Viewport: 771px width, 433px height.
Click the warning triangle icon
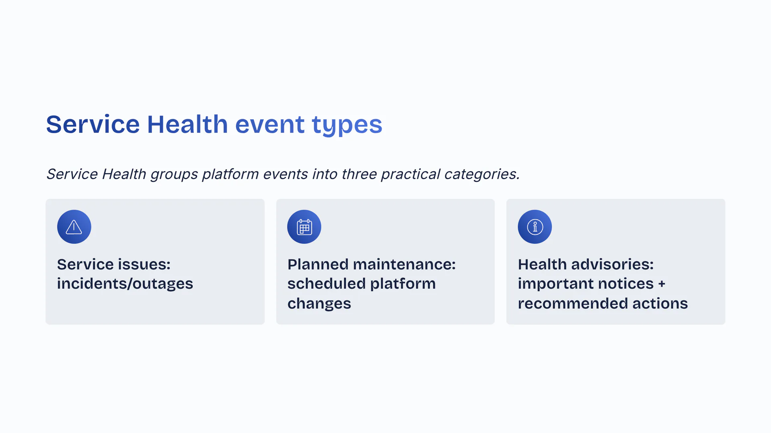pyautogui.click(x=74, y=227)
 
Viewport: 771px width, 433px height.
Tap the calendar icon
pyautogui.click(x=304, y=227)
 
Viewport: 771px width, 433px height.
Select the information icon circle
pyautogui.click(x=535, y=227)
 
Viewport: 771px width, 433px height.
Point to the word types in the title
pyautogui.click(x=347, y=125)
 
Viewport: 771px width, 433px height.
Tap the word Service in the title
pyautogui.click(x=93, y=124)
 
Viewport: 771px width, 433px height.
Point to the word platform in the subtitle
pyautogui.click(x=230, y=175)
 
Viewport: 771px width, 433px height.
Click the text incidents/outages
pyautogui.click(x=125, y=283)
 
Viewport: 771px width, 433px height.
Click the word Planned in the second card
pyautogui.click(x=318, y=264)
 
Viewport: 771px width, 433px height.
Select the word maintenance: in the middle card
pyautogui.click(x=404, y=264)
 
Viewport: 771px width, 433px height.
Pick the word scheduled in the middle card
pyautogui.click(x=326, y=283)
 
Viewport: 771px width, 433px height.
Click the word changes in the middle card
pyautogui.click(x=319, y=304)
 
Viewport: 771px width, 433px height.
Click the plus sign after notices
pyautogui.click(x=662, y=284)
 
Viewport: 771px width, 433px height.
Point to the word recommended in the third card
pyautogui.click(x=573, y=304)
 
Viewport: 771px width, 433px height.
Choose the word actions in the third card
pyautogui.click(x=660, y=304)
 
